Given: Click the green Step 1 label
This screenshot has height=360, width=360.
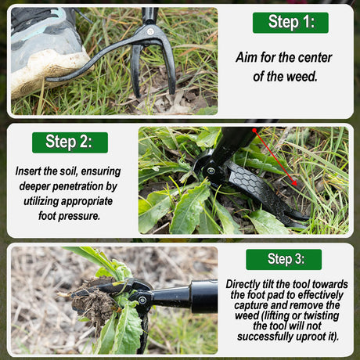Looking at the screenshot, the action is click(x=290, y=23).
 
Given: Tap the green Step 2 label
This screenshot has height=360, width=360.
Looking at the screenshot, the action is click(x=70, y=142).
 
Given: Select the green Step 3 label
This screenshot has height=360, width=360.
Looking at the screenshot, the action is click(x=283, y=259).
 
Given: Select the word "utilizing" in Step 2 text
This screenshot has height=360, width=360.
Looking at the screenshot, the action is click(x=41, y=201).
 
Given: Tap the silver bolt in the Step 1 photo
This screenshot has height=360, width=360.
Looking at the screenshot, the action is click(x=150, y=32).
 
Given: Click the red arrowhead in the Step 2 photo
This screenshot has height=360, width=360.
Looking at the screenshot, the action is click(x=294, y=182).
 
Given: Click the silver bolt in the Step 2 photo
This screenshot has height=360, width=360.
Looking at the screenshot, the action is click(x=211, y=171).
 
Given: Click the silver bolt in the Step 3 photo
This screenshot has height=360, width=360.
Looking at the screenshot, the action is click(x=142, y=300).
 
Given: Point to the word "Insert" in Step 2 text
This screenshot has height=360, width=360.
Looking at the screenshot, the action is click(x=27, y=171).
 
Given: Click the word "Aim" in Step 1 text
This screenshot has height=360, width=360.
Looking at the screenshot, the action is click(x=247, y=57).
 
